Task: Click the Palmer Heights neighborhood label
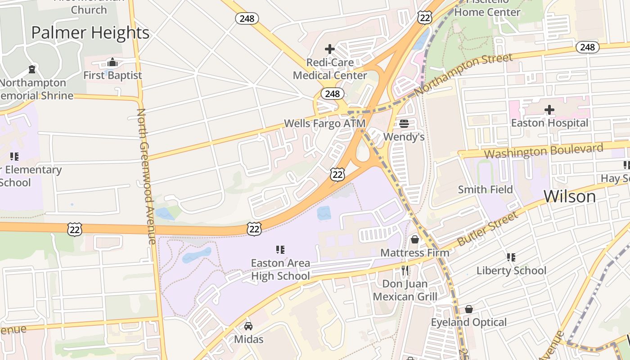(x=90, y=33)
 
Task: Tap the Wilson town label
(x=569, y=197)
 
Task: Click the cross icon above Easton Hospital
(x=549, y=110)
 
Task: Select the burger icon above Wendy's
(x=404, y=124)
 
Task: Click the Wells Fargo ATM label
(x=324, y=123)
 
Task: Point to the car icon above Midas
(x=248, y=326)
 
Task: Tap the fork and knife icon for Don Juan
(x=405, y=270)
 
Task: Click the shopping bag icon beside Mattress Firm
(x=414, y=239)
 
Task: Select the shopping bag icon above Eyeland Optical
(x=468, y=309)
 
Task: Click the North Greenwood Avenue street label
(x=146, y=175)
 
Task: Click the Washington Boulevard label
(x=543, y=151)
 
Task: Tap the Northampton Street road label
(x=463, y=74)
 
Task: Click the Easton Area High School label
(x=280, y=269)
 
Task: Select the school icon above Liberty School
(x=511, y=257)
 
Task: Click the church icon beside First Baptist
(x=112, y=62)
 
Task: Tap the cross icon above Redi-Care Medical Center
(x=330, y=49)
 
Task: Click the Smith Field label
(x=485, y=189)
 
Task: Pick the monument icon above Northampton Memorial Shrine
(x=32, y=69)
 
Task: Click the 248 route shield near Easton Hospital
(x=587, y=47)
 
